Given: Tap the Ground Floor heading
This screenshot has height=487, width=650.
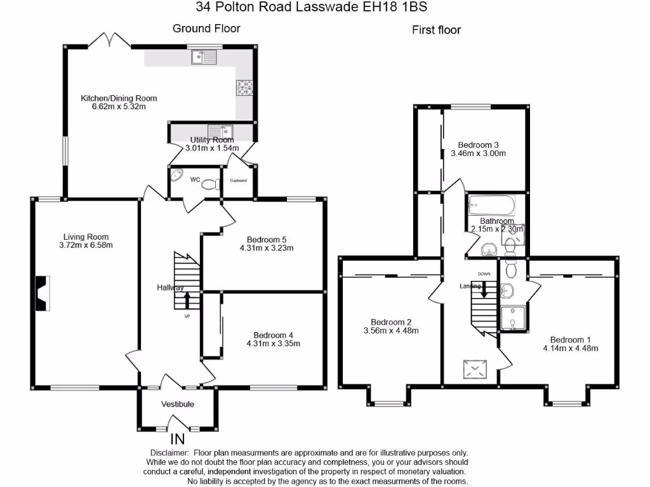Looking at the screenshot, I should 206,29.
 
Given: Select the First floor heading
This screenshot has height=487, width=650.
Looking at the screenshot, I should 436,30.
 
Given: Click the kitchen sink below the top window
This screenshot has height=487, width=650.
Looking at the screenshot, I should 204,58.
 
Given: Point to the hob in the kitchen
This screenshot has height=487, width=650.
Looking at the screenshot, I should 245,88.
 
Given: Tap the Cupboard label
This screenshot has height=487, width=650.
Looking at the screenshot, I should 239,181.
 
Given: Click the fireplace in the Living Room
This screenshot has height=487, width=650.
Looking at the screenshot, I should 42,293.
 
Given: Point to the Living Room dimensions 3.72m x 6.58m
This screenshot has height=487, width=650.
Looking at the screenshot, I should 86,245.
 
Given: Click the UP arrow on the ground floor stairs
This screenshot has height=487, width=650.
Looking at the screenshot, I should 187,301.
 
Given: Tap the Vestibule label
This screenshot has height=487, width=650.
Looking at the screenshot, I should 177,404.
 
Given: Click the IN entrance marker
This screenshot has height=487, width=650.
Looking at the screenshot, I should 179,439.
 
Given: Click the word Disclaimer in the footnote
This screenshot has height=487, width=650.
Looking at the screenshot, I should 169,453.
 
